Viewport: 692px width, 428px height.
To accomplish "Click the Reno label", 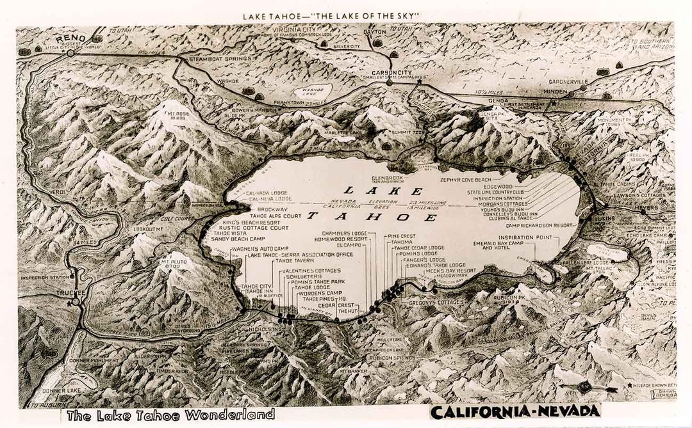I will coord(70,39).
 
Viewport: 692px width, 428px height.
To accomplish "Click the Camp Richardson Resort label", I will coord(539,225).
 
